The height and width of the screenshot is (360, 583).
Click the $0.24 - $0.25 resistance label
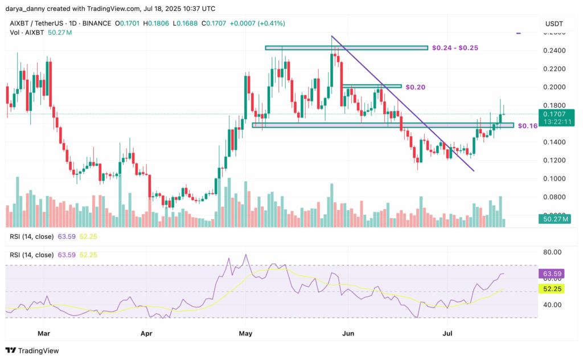[x=455, y=47]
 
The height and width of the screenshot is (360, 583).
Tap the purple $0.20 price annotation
[x=416, y=87]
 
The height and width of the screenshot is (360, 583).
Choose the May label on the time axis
[x=246, y=330]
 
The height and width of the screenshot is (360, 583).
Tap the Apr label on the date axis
[x=147, y=330]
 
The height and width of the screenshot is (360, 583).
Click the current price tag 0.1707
[x=552, y=114]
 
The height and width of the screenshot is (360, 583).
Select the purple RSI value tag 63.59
[x=552, y=274]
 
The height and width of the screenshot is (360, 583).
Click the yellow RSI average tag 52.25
[x=552, y=290]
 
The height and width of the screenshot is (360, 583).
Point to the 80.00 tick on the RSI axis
[x=553, y=252]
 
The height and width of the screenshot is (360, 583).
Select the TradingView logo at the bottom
[x=32, y=350]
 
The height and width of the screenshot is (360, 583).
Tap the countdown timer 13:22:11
[x=552, y=122]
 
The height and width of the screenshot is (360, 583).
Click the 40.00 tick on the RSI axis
[x=553, y=305]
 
